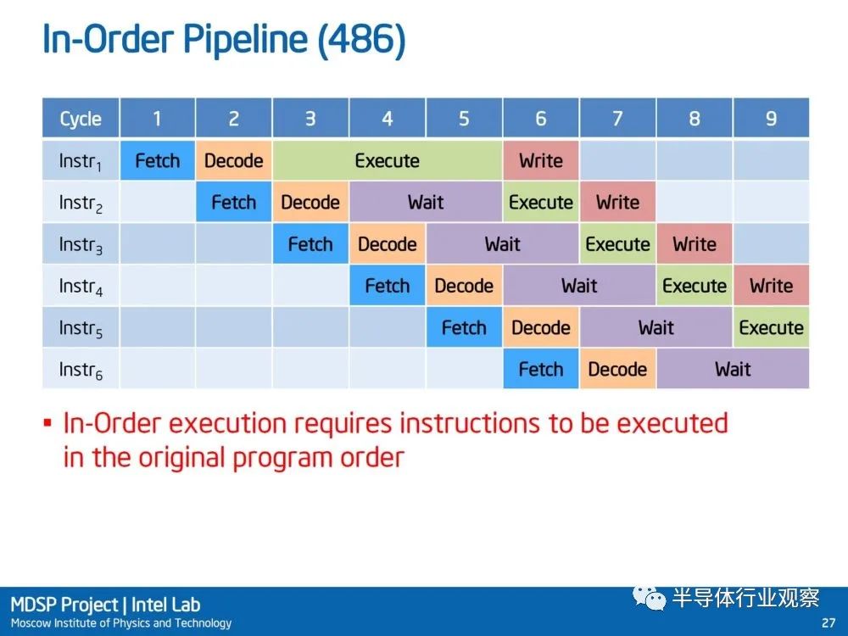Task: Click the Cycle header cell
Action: (81, 118)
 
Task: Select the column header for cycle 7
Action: (617, 118)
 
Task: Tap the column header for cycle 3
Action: (310, 118)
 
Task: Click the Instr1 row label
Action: (81, 160)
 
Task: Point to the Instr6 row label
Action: (81, 370)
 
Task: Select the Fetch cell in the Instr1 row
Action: (158, 160)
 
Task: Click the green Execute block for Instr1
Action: (388, 160)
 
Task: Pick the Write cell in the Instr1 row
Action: (541, 160)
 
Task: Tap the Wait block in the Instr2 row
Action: (426, 203)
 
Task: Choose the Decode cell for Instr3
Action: (388, 244)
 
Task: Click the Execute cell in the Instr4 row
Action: (695, 286)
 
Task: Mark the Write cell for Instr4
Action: (771, 286)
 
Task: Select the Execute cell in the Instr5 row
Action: (771, 327)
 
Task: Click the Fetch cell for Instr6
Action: (541, 370)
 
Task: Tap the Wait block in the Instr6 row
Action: (733, 370)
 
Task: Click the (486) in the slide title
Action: (361, 40)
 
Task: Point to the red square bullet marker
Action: (47, 422)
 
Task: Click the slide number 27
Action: (828, 622)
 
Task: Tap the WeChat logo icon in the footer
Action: (650, 598)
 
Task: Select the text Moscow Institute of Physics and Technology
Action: (121, 623)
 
